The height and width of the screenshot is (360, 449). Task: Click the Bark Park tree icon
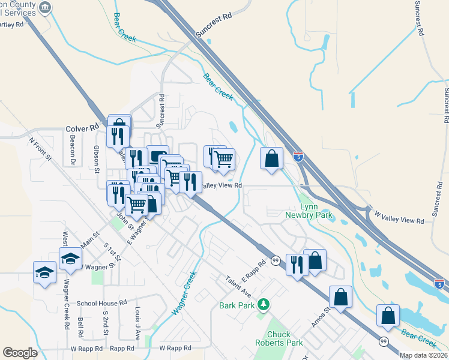click(262, 305)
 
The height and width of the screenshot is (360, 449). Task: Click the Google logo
click(20, 353)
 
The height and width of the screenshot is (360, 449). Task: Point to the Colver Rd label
click(82, 128)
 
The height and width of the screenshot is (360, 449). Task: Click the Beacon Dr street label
click(72, 157)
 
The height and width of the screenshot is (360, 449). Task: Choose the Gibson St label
click(96, 158)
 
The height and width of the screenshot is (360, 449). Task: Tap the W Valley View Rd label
click(399, 217)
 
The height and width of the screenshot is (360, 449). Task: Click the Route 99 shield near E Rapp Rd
click(276, 260)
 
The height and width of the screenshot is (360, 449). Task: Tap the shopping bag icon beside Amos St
click(340, 296)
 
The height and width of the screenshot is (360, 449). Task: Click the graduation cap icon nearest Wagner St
click(70, 259)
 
